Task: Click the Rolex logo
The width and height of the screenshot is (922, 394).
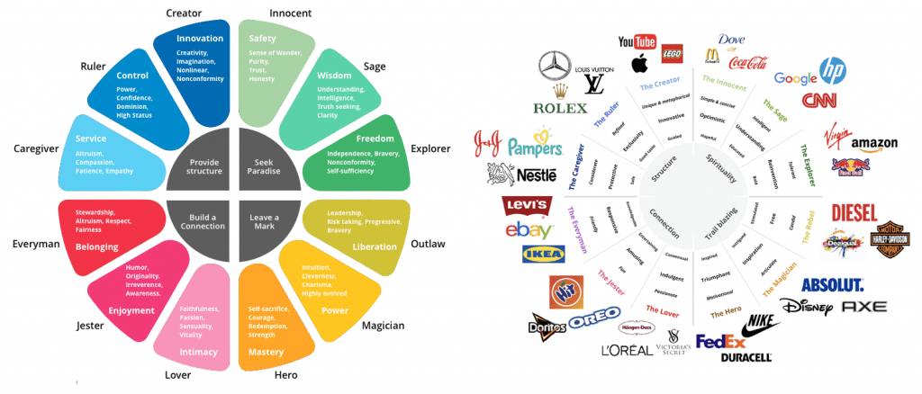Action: [x=560, y=107]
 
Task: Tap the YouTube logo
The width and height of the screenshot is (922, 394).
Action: [x=637, y=41]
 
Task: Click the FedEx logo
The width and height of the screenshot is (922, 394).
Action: [x=721, y=342]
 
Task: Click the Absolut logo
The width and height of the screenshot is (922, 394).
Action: [x=832, y=285]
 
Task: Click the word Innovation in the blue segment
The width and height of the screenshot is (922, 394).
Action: [x=200, y=39]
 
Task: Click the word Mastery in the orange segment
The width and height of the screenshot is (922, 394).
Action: [x=266, y=353]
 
